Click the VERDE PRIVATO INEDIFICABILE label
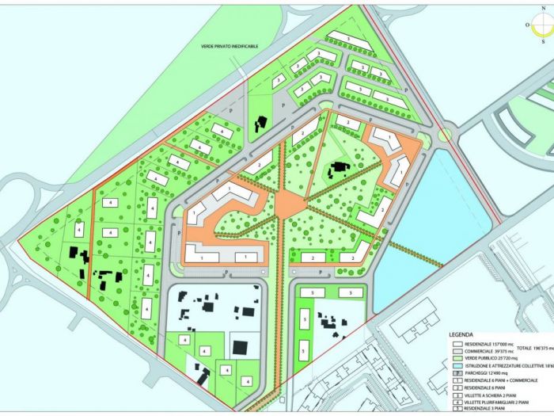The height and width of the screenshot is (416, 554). tap(236, 47)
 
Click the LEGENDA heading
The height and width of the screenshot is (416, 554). tap(461, 334)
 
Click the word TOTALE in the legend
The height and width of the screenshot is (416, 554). tap(518, 348)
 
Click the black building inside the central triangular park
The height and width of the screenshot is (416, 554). tap(340, 168)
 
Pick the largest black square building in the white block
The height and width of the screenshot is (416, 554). tap(239, 346)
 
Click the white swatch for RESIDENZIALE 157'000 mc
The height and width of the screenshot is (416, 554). tap(457, 345)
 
